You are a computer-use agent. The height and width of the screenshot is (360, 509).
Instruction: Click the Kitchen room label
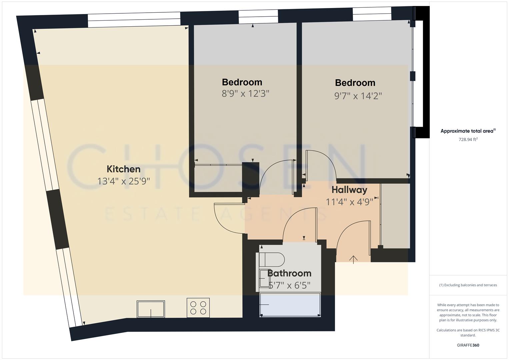123,169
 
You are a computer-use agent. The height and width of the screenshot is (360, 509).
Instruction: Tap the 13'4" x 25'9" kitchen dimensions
123,181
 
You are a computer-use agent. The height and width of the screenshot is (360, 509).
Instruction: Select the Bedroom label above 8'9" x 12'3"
242,82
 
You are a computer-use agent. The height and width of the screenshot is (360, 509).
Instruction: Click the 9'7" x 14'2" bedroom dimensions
358,96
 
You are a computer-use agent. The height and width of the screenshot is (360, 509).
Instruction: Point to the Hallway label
349,190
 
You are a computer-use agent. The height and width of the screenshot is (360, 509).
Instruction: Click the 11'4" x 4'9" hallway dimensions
349,202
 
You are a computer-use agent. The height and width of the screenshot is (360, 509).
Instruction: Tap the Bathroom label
289,273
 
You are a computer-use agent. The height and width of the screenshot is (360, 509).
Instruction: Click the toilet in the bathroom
272,259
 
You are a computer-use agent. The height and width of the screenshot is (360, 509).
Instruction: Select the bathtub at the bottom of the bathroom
290,305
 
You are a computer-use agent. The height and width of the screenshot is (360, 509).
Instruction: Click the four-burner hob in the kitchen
198,308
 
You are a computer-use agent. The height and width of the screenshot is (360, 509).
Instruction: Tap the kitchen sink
151,309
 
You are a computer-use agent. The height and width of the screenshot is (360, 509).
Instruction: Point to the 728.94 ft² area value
468,140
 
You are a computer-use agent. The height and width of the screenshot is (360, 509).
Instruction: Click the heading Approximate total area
468,131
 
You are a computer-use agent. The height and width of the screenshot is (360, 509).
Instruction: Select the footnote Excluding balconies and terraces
468,285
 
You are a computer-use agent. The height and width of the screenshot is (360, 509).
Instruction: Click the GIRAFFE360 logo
468,345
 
